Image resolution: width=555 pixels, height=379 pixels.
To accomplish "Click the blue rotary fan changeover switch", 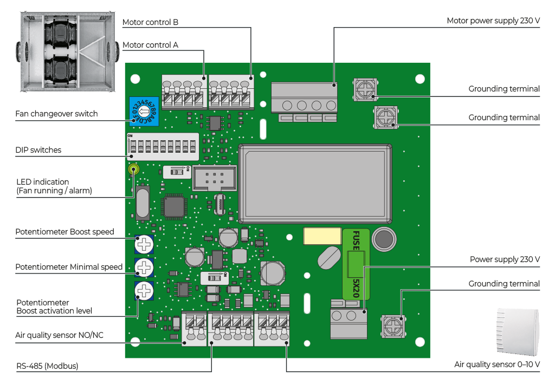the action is tap(144, 112).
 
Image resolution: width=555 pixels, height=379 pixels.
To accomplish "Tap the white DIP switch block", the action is tap(163, 147).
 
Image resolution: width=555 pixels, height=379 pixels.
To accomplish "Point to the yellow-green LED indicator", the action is tap(134, 169).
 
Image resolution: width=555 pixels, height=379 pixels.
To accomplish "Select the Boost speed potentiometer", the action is tap(144, 244).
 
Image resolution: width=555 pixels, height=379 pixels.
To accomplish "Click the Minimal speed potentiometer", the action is tap(144, 267).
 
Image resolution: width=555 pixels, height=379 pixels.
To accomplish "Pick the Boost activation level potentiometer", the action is tap(144, 291).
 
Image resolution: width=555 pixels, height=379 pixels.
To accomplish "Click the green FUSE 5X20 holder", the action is tap(356, 264).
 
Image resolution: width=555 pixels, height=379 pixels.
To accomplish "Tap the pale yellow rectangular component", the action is tap(322, 236).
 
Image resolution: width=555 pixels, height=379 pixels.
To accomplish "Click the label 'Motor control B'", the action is tap(151, 22).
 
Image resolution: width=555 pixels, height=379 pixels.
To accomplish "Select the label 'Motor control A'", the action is tap(151, 45).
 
